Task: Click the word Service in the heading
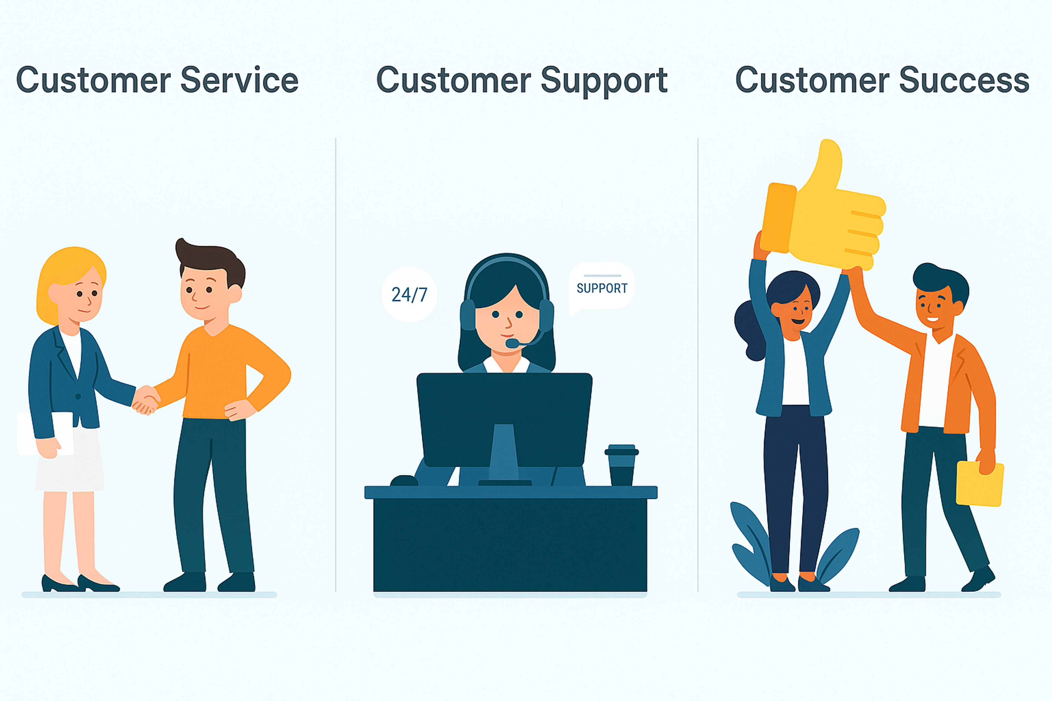pyautogui.click(x=239, y=81)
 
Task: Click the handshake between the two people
pyautogui.click(x=145, y=400)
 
